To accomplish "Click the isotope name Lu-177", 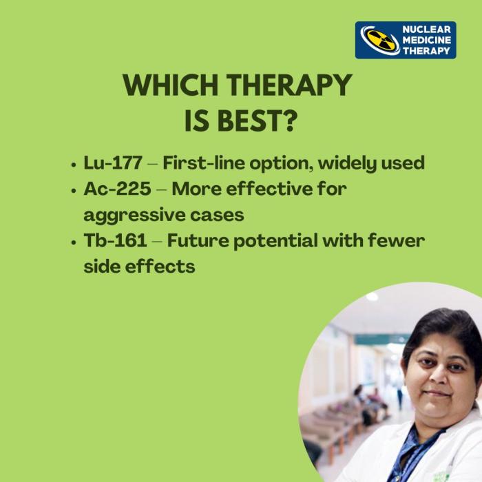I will (113, 163).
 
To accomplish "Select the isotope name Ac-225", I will (116, 189).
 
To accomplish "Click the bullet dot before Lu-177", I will (74, 165).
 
